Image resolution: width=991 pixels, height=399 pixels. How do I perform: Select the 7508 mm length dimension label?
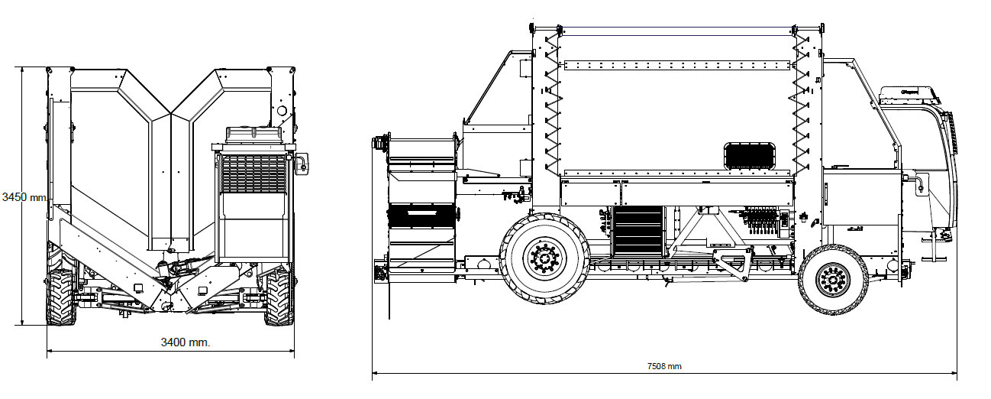point(664,366)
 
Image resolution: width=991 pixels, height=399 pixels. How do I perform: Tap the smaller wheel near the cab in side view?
point(833,280)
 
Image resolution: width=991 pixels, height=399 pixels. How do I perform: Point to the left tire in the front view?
point(60,297)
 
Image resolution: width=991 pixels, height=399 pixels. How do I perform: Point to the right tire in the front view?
point(279,297)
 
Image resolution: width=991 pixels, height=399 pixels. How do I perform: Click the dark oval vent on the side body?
point(750,157)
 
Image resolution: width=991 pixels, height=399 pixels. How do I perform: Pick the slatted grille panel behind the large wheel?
point(638,230)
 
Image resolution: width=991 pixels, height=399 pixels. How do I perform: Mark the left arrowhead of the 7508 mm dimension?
point(374,375)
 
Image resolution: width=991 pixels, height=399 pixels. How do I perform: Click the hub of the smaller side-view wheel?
point(833,280)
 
